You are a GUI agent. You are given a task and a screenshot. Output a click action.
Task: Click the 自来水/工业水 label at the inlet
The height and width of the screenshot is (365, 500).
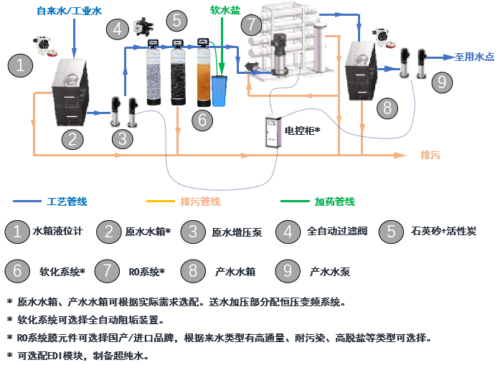69,11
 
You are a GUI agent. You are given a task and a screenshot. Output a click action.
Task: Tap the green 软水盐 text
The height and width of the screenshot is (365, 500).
225,11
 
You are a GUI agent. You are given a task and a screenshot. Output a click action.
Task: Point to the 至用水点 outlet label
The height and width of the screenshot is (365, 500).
474,57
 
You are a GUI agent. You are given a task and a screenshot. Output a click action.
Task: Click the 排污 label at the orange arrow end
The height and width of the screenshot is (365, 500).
430,155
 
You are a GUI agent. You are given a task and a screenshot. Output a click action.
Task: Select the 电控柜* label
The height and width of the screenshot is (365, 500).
302,131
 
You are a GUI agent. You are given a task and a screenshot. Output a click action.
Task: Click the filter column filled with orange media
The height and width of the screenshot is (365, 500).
204,77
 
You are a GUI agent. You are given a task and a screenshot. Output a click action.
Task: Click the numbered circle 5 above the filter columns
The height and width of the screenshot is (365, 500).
177,20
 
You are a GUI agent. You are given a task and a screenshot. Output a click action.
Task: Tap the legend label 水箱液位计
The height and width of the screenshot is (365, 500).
58,231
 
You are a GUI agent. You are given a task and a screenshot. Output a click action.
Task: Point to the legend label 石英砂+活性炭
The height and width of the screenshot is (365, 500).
444,231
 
